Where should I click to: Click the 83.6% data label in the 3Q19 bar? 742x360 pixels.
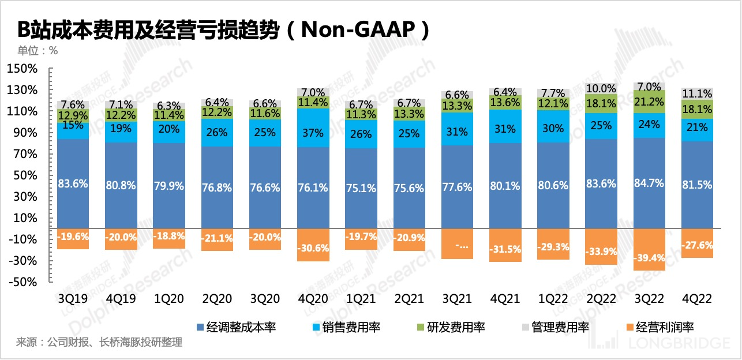(73, 185)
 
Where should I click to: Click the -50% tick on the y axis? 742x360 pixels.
(23, 282)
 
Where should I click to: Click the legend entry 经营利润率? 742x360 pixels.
(664, 327)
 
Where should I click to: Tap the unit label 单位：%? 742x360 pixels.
(38, 50)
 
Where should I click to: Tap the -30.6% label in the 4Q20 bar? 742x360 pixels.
(312, 247)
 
